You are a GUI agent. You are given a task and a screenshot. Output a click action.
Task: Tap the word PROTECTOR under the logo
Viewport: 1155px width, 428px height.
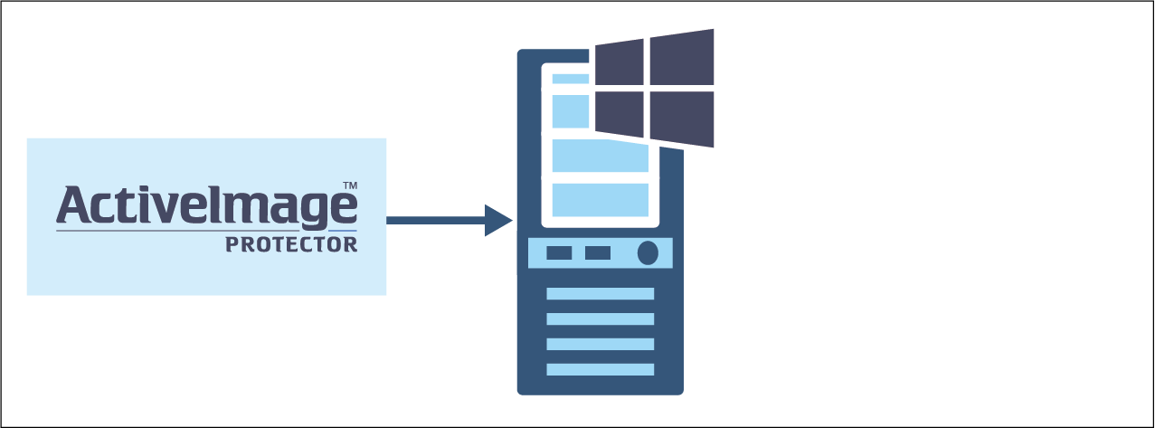[291, 244]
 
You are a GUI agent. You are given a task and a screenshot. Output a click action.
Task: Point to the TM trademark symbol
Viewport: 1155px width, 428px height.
[350, 185]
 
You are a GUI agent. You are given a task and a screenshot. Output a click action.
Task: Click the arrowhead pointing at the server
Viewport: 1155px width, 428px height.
[497, 220]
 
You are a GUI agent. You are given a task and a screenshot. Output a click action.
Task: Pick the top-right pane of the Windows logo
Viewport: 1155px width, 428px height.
[682, 58]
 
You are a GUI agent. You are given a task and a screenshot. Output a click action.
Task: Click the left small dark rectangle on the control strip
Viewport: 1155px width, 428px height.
[559, 252]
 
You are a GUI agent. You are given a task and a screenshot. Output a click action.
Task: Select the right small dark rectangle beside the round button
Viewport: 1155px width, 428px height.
[598, 252]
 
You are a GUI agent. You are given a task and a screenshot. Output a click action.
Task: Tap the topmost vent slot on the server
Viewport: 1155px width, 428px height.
[601, 294]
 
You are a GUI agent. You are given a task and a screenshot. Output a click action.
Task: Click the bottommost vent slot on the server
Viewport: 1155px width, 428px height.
[601, 369]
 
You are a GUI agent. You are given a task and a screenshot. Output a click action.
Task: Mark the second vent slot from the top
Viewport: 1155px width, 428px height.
[601, 319]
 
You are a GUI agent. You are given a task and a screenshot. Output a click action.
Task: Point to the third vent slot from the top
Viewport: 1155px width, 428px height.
[601, 344]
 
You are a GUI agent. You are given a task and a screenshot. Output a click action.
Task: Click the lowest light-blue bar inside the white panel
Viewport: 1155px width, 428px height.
[601, 200]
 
